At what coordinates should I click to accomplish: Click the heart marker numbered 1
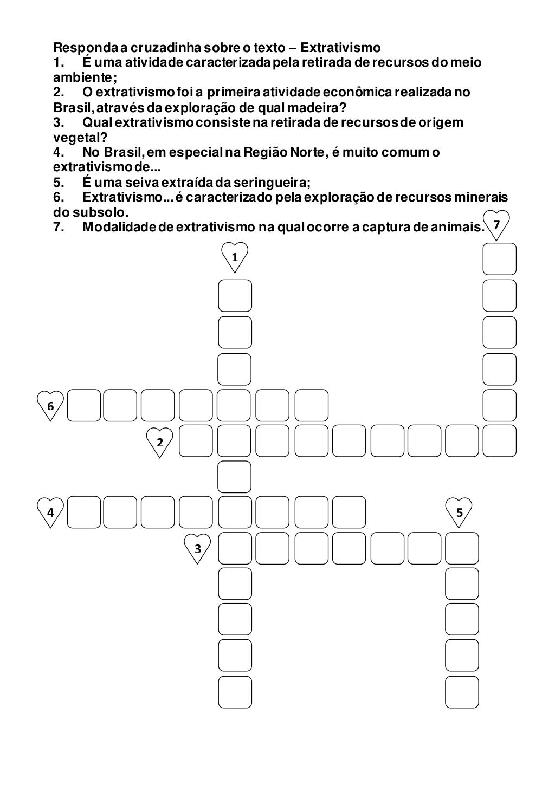coord(235,256)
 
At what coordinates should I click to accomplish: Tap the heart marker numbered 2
coord(160,441)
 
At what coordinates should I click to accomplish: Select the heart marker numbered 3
coord(198,547)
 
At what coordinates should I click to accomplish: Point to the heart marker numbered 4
coord(50,511)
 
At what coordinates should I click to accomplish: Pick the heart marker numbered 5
coord(459,511)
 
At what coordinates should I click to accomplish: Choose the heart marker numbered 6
coord(50,405)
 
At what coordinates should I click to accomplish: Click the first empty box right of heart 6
coord(83,405)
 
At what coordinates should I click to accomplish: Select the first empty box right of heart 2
coord(196,441)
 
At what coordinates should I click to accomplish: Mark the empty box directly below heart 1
coord(235,296)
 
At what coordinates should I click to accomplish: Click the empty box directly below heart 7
coord(500,259)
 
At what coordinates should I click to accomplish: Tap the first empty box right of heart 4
coord(83,512)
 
